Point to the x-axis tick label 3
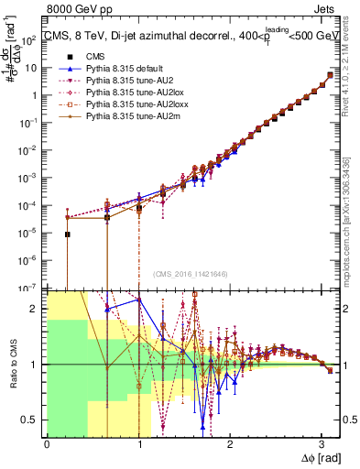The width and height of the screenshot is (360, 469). [x=322, y=444]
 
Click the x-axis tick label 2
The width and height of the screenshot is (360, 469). [x=230, y=444]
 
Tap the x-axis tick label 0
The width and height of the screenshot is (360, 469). [x=47, y=444]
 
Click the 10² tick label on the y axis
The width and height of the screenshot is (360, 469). [x=30, y=39]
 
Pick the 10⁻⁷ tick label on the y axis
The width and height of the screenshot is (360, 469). [x=30, y=288]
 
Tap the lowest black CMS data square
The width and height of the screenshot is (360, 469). [x=67, y=234]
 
